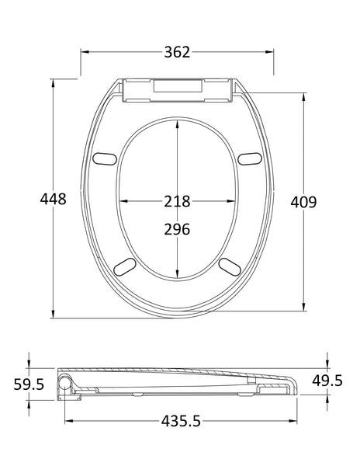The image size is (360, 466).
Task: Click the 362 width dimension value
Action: point(177,52)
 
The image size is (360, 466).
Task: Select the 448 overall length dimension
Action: point(53,199)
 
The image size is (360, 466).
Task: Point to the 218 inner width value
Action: point(177,201)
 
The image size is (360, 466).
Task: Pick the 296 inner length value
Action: point(177,229)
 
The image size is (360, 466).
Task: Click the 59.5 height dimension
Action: point(29,384)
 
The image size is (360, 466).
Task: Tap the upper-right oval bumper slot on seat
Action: point(250,158)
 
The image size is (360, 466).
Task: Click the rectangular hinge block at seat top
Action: point(177,89)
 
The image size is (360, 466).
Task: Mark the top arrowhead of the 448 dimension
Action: point(53,81)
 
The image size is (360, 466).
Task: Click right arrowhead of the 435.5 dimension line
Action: point(296,421)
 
